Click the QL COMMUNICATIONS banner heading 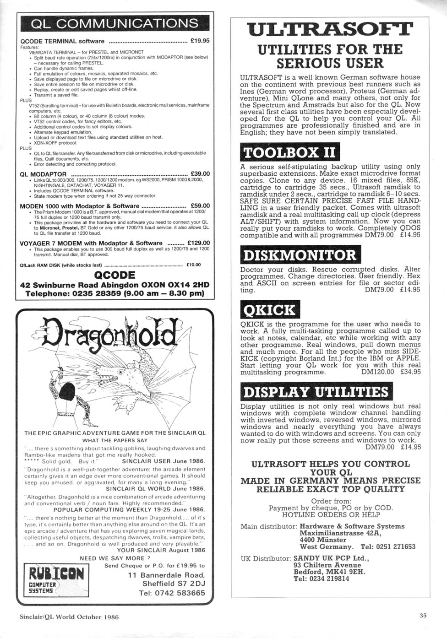click(x=113, y=23)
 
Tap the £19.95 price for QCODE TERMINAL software click(x=200, y=41)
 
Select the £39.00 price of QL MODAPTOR click(x=200, y=174)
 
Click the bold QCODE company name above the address click(x=114, y=275)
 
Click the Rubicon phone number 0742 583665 click(x=172, y=593)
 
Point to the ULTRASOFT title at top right click(x=330, y=28)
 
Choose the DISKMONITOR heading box click(x=300, y=254)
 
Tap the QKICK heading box click(x=270, y=310)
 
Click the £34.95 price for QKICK click(x=410, y=372)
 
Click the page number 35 click(x=423, y=616)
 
